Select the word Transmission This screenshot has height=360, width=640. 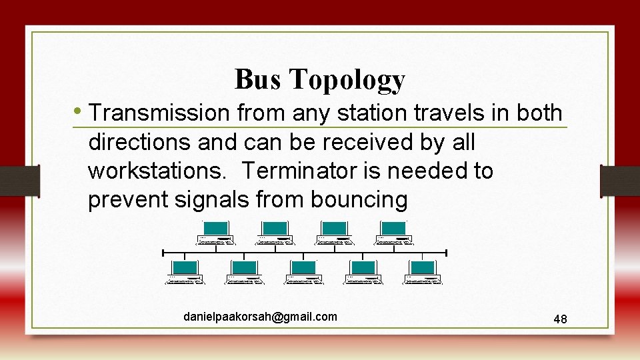[x=159, y=113]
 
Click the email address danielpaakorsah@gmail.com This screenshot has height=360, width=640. [x=260, y=317]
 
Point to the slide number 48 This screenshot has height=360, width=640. [x=560, y=319]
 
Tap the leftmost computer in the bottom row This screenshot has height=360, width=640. [x=185, y=272]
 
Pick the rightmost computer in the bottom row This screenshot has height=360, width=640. [x=423, y=272]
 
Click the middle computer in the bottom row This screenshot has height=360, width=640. [x=304, y=272]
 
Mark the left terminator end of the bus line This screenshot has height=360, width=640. [x=163, y=253]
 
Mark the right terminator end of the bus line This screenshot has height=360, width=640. [x=446, y=253]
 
